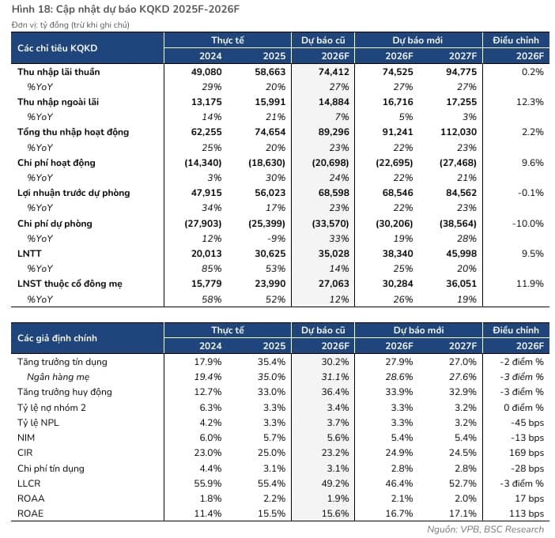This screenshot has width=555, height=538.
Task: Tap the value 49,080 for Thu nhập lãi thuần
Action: coord(206,72)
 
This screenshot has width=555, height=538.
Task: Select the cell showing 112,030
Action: coord(459,132)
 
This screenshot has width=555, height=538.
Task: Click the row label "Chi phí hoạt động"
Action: coord(56,163)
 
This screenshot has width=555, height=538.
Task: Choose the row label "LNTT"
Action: coord(29,254)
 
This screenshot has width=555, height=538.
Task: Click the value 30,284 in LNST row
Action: coord(398,284)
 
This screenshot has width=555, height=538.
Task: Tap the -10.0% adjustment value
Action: coord(528,224)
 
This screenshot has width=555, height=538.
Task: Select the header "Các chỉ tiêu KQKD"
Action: coord(58,48)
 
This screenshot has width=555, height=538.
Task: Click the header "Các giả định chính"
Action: coord(57,338)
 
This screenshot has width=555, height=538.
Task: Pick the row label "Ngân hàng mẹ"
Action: coord(58,377)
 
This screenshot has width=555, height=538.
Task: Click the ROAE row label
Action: coord(31,514)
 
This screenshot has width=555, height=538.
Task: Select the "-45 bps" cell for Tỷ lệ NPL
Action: coord(527,423)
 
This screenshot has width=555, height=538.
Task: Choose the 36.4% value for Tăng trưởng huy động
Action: coord(335,392)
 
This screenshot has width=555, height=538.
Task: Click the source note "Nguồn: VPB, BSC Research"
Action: coord(485,529)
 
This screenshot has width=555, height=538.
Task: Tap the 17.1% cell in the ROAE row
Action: coord(463,514)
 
